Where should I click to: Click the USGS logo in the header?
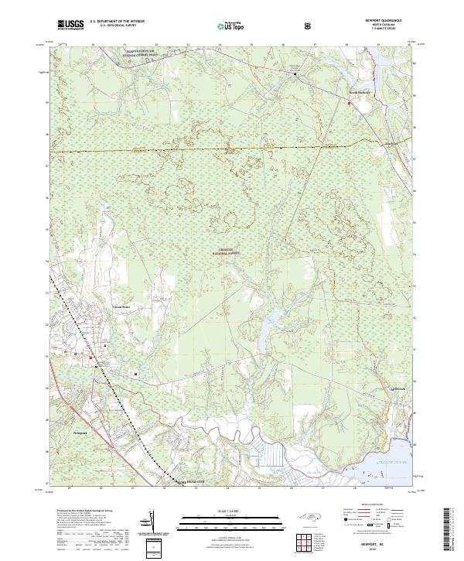[71, 25]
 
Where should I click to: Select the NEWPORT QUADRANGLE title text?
[380, 21]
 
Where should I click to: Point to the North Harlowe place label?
[359, 92]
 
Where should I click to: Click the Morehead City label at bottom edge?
[192, 481]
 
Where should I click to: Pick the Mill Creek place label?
[395, 388]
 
